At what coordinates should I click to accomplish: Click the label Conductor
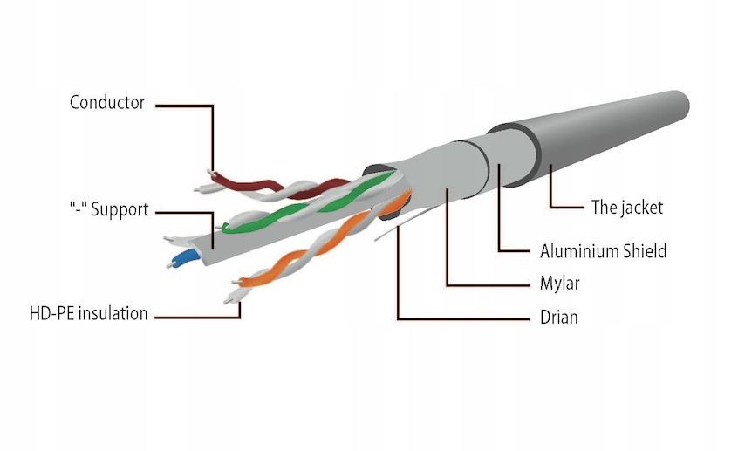coord(106,102)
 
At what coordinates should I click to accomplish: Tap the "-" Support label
coord(109,209)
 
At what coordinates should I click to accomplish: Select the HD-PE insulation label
coord(88,313)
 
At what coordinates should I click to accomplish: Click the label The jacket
coord(627,207)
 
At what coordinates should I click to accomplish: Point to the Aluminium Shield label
coord(603,251)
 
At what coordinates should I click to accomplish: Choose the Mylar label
coord(560,284)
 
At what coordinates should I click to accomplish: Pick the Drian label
coord(558,318)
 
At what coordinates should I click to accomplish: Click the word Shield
coord(645,251)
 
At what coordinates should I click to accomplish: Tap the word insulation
coord(113,313)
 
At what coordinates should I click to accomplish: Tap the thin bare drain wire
coord(405,222)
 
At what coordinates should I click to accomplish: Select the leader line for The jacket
coord(550,197)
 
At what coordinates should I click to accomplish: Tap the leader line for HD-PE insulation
coord(198,318)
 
